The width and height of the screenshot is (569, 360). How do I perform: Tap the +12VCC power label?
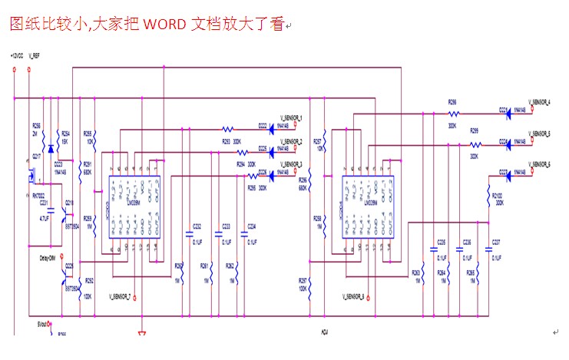tap(16, 56)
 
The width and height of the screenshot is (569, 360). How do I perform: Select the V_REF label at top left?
tap(35, 56)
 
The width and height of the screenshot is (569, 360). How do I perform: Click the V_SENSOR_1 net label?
tap(291, 117)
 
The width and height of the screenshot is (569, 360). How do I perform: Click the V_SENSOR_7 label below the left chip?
tap(119, 296)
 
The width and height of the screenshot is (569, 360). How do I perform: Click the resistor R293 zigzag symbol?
tap(227, 129)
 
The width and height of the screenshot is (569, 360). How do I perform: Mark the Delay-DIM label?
tap(48, 259)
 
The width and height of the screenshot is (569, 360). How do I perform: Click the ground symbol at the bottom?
tap(141, 332)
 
